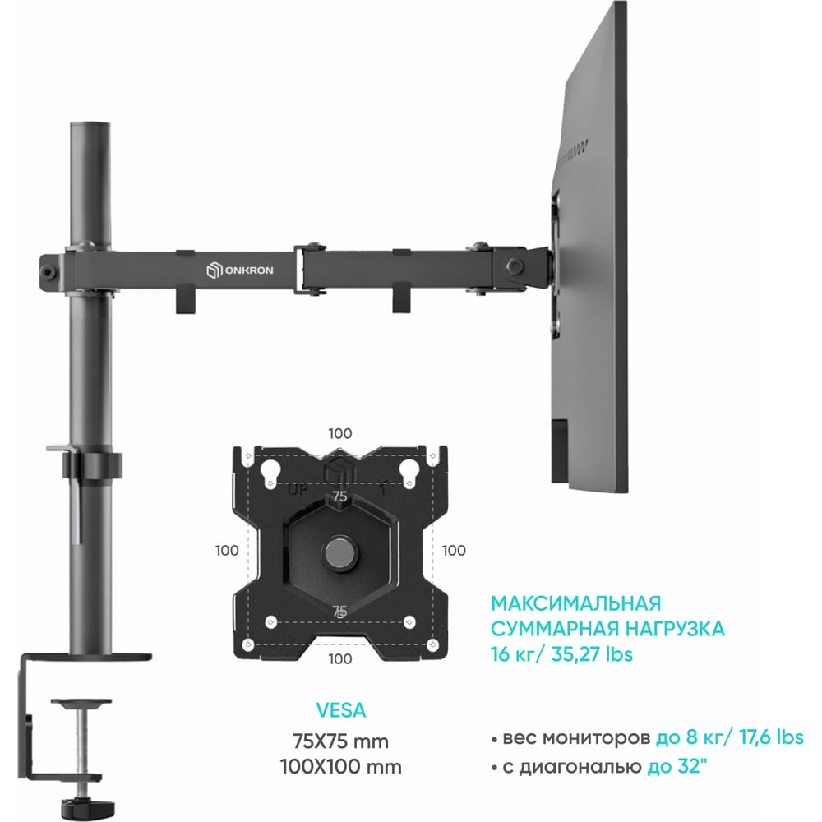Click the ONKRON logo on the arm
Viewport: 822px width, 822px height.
pos(239,270)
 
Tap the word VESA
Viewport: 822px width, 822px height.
pos(341,710)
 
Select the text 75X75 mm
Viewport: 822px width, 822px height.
pos(341,741)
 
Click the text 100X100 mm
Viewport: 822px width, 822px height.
pos(341,766)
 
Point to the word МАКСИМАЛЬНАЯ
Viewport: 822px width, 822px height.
pos(576,603)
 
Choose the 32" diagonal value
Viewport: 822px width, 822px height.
pos(692,766)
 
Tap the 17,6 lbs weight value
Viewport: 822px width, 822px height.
pos(771,737)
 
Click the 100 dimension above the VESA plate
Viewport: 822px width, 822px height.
pos(340,433)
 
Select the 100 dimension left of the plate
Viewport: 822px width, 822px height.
pos(227,551)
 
